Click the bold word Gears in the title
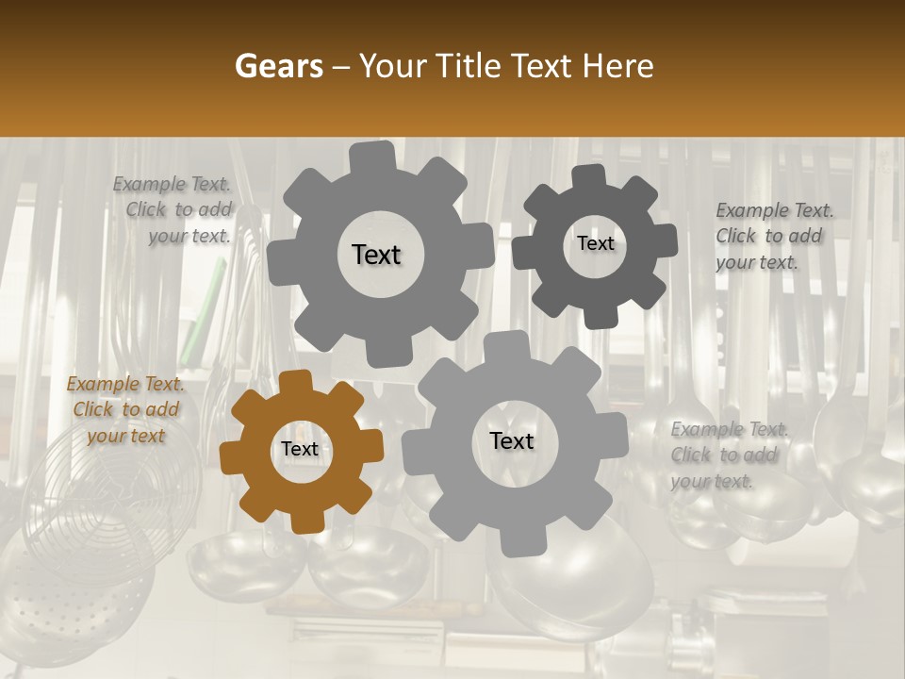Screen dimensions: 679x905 [x=278, y=66]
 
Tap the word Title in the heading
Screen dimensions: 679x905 [x=471, y=66]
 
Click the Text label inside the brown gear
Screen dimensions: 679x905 [x=300, y=450]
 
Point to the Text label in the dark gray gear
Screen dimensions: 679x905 [x=595, y=243]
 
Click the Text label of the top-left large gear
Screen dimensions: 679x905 [x=376, y=255]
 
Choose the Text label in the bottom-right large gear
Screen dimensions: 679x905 [x=511, y=441]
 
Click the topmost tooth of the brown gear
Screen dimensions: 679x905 [x=295, y=381]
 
